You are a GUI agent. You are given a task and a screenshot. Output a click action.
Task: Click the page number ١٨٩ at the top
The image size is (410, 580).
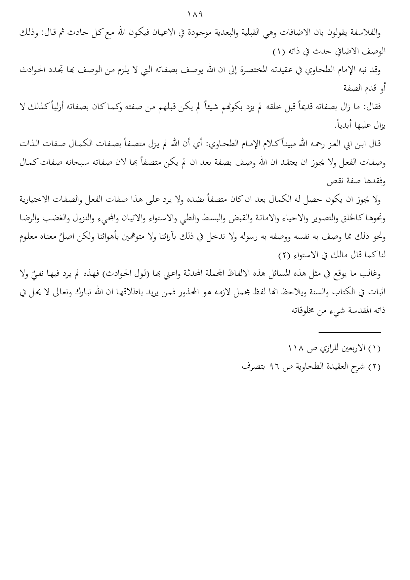point(195,15)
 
